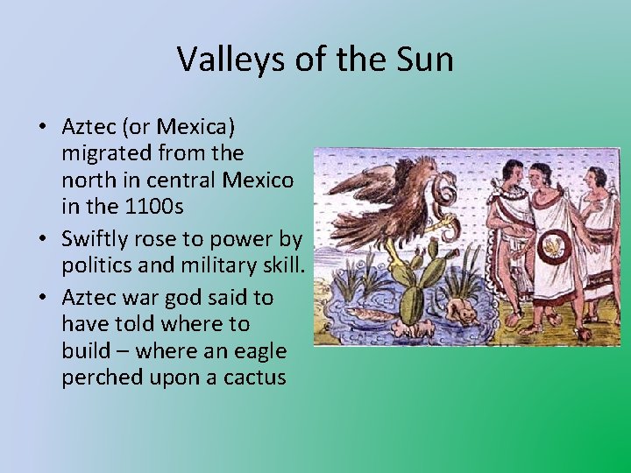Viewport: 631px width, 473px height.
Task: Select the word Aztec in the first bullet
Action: point(89,128)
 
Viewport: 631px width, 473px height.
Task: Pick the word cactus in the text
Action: point(254,378)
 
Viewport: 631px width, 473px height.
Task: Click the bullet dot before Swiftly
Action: point(43,239)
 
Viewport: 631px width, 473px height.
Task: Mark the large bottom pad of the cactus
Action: point(412,302)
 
